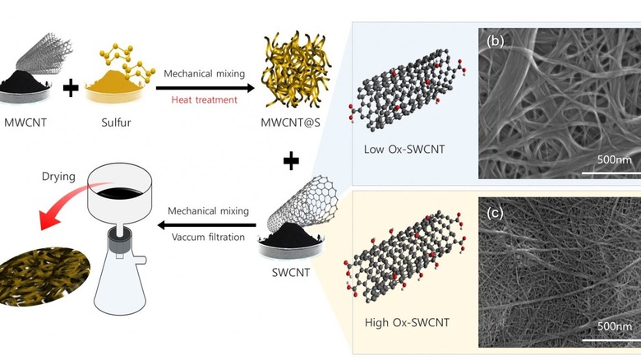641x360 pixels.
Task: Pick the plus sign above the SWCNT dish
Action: (290, 162)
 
